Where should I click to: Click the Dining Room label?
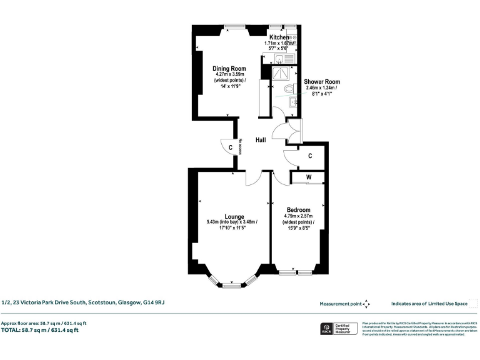229,68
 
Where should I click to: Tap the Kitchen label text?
279,37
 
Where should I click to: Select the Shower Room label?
322,82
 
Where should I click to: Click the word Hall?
261,140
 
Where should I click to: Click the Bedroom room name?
298,209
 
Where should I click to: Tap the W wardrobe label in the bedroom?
308,177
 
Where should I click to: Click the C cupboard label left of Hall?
230,147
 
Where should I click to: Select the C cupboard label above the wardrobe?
309,156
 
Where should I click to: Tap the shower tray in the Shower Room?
282,74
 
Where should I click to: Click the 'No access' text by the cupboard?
239,146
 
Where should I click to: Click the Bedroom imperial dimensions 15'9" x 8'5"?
298,228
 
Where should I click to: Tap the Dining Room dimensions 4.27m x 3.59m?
229,75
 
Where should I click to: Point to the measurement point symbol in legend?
366,304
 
